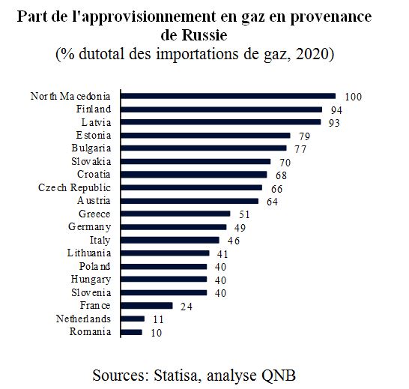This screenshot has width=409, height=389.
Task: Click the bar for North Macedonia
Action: [228, 96]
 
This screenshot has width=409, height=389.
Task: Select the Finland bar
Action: [222, 109]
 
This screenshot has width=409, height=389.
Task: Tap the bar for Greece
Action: [175, 214]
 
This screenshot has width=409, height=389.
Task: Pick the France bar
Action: [147, 306]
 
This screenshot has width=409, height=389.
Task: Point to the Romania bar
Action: [132, 332]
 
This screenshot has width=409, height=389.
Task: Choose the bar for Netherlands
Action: [133, 319]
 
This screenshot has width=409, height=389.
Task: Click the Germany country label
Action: [89, 227]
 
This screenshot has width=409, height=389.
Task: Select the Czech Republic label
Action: [74, 188]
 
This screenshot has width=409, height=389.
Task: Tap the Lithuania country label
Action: [89, 253]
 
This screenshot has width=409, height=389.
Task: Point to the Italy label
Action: [100, 241]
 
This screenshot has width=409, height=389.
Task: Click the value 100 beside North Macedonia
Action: [354, 97]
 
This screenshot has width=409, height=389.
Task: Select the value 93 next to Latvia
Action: [334, 123]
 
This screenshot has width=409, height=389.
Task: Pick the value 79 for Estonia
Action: [304, 136]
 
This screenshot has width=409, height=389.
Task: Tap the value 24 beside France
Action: [187, 307]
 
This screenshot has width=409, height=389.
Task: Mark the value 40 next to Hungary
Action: [220, 280]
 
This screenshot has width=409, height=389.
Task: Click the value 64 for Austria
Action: [273, 202]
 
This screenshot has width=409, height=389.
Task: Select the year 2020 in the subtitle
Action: [312, 54]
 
